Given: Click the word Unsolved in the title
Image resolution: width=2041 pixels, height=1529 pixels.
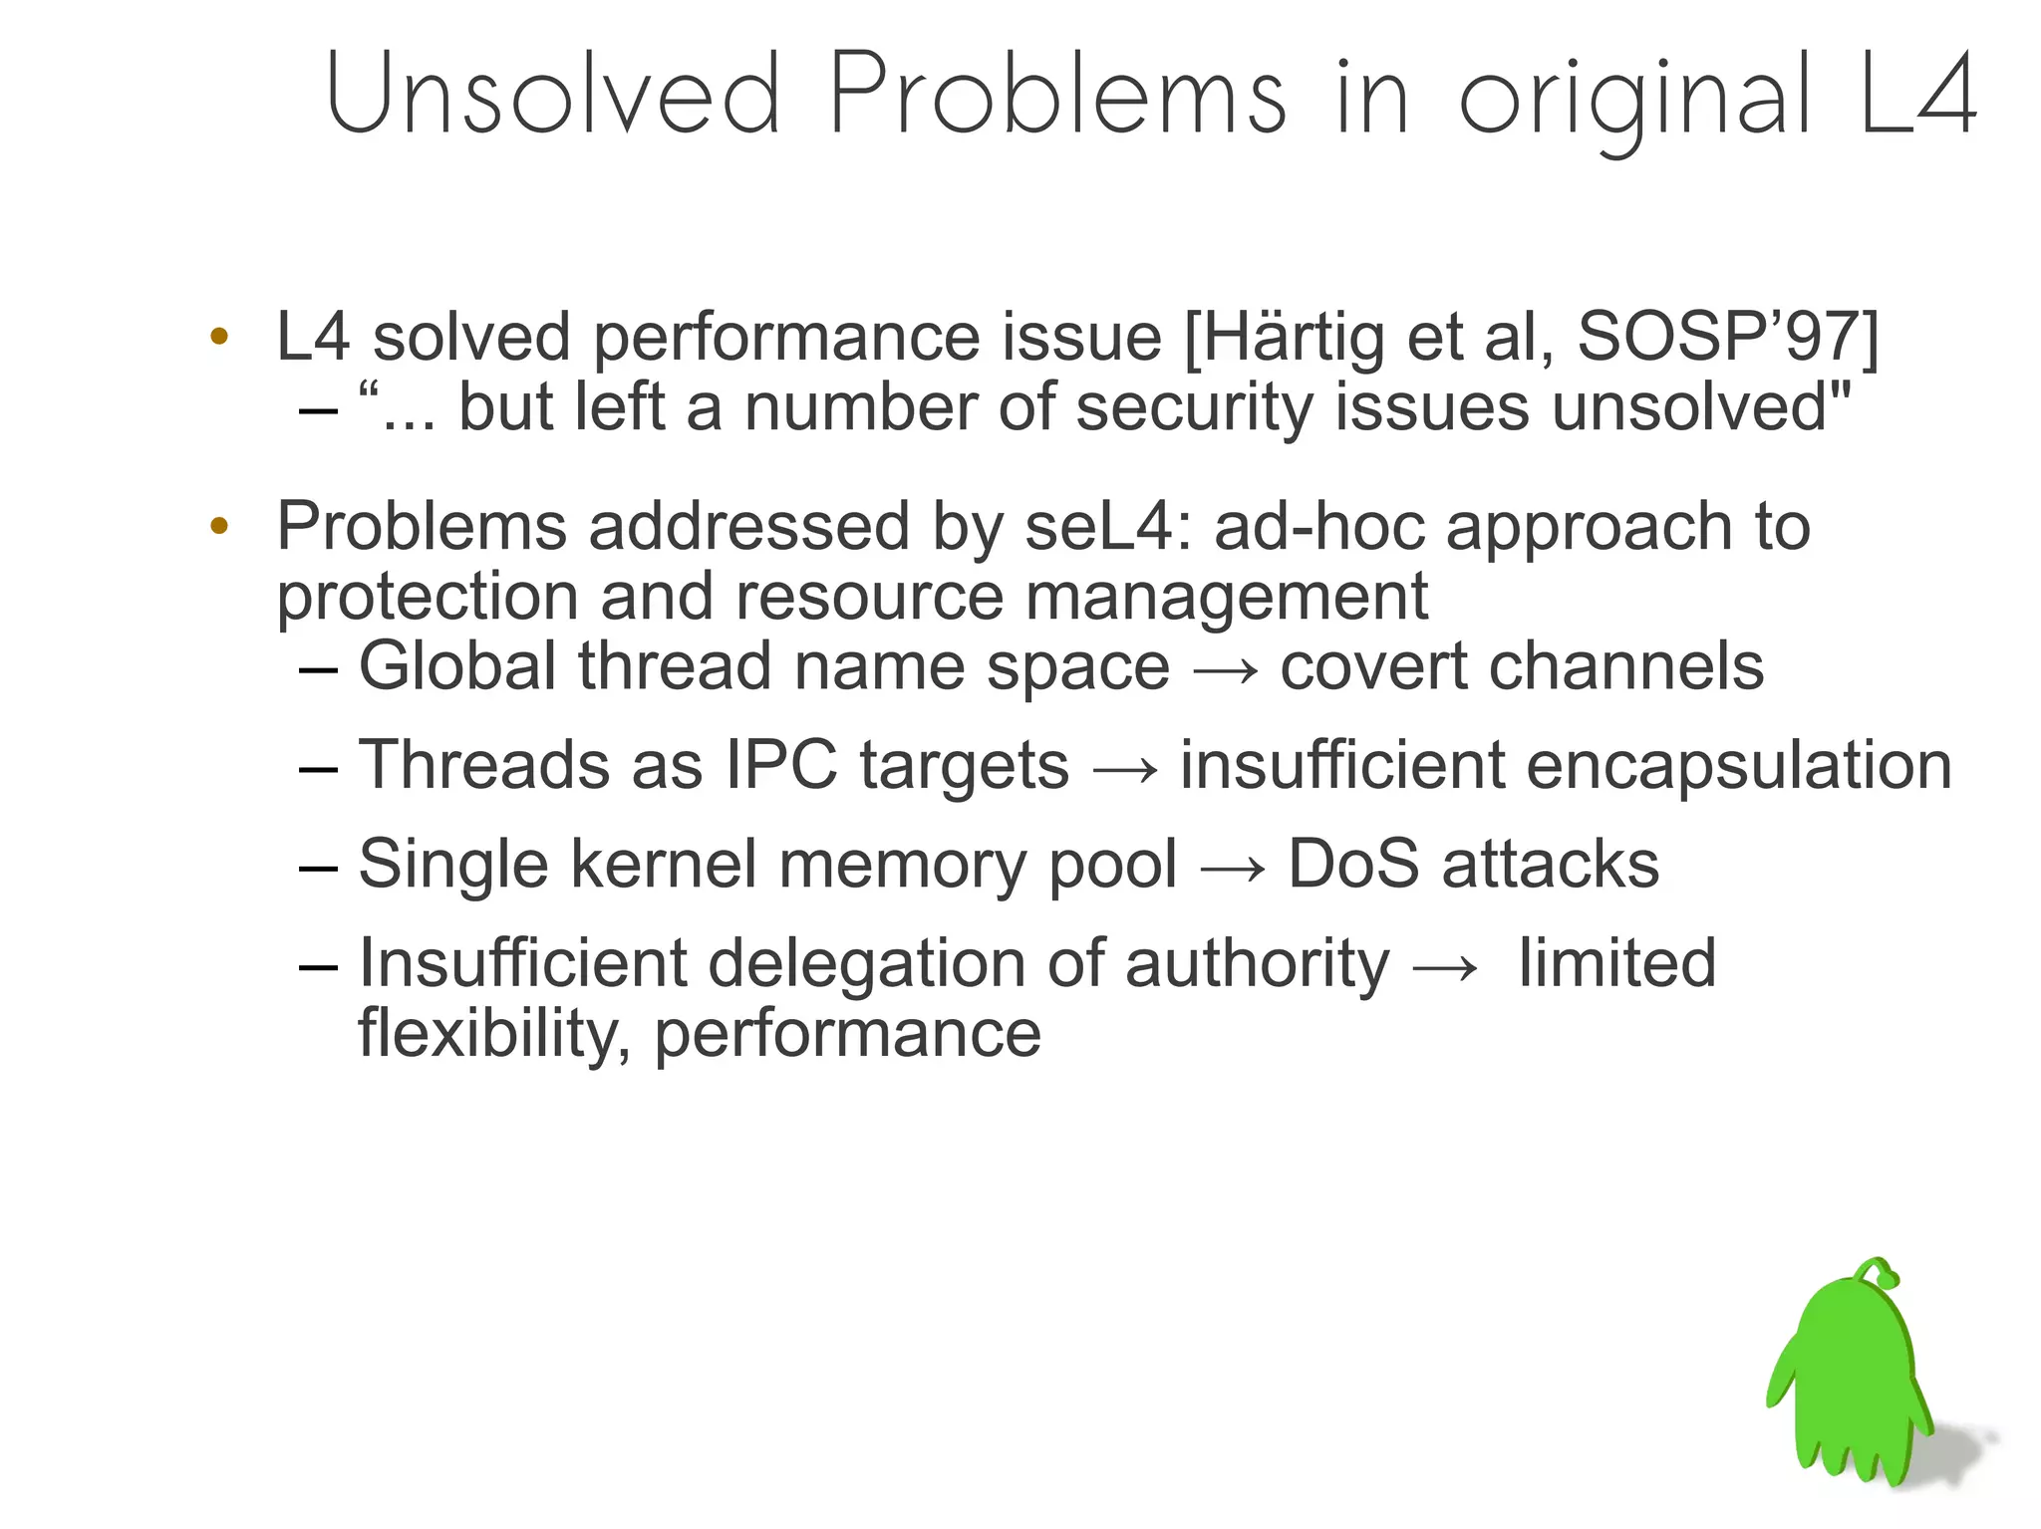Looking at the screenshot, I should click(x=553, y=95).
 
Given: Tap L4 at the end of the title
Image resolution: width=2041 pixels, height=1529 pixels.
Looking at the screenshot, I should click(x=1918, y=95).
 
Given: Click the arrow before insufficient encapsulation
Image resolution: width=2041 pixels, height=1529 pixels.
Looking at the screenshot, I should click(x=1125, y=768).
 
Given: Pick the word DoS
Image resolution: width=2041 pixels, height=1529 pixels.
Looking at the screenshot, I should click(x=1352, y=864).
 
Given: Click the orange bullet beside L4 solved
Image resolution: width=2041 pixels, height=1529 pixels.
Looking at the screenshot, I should click(x=219, y=336).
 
